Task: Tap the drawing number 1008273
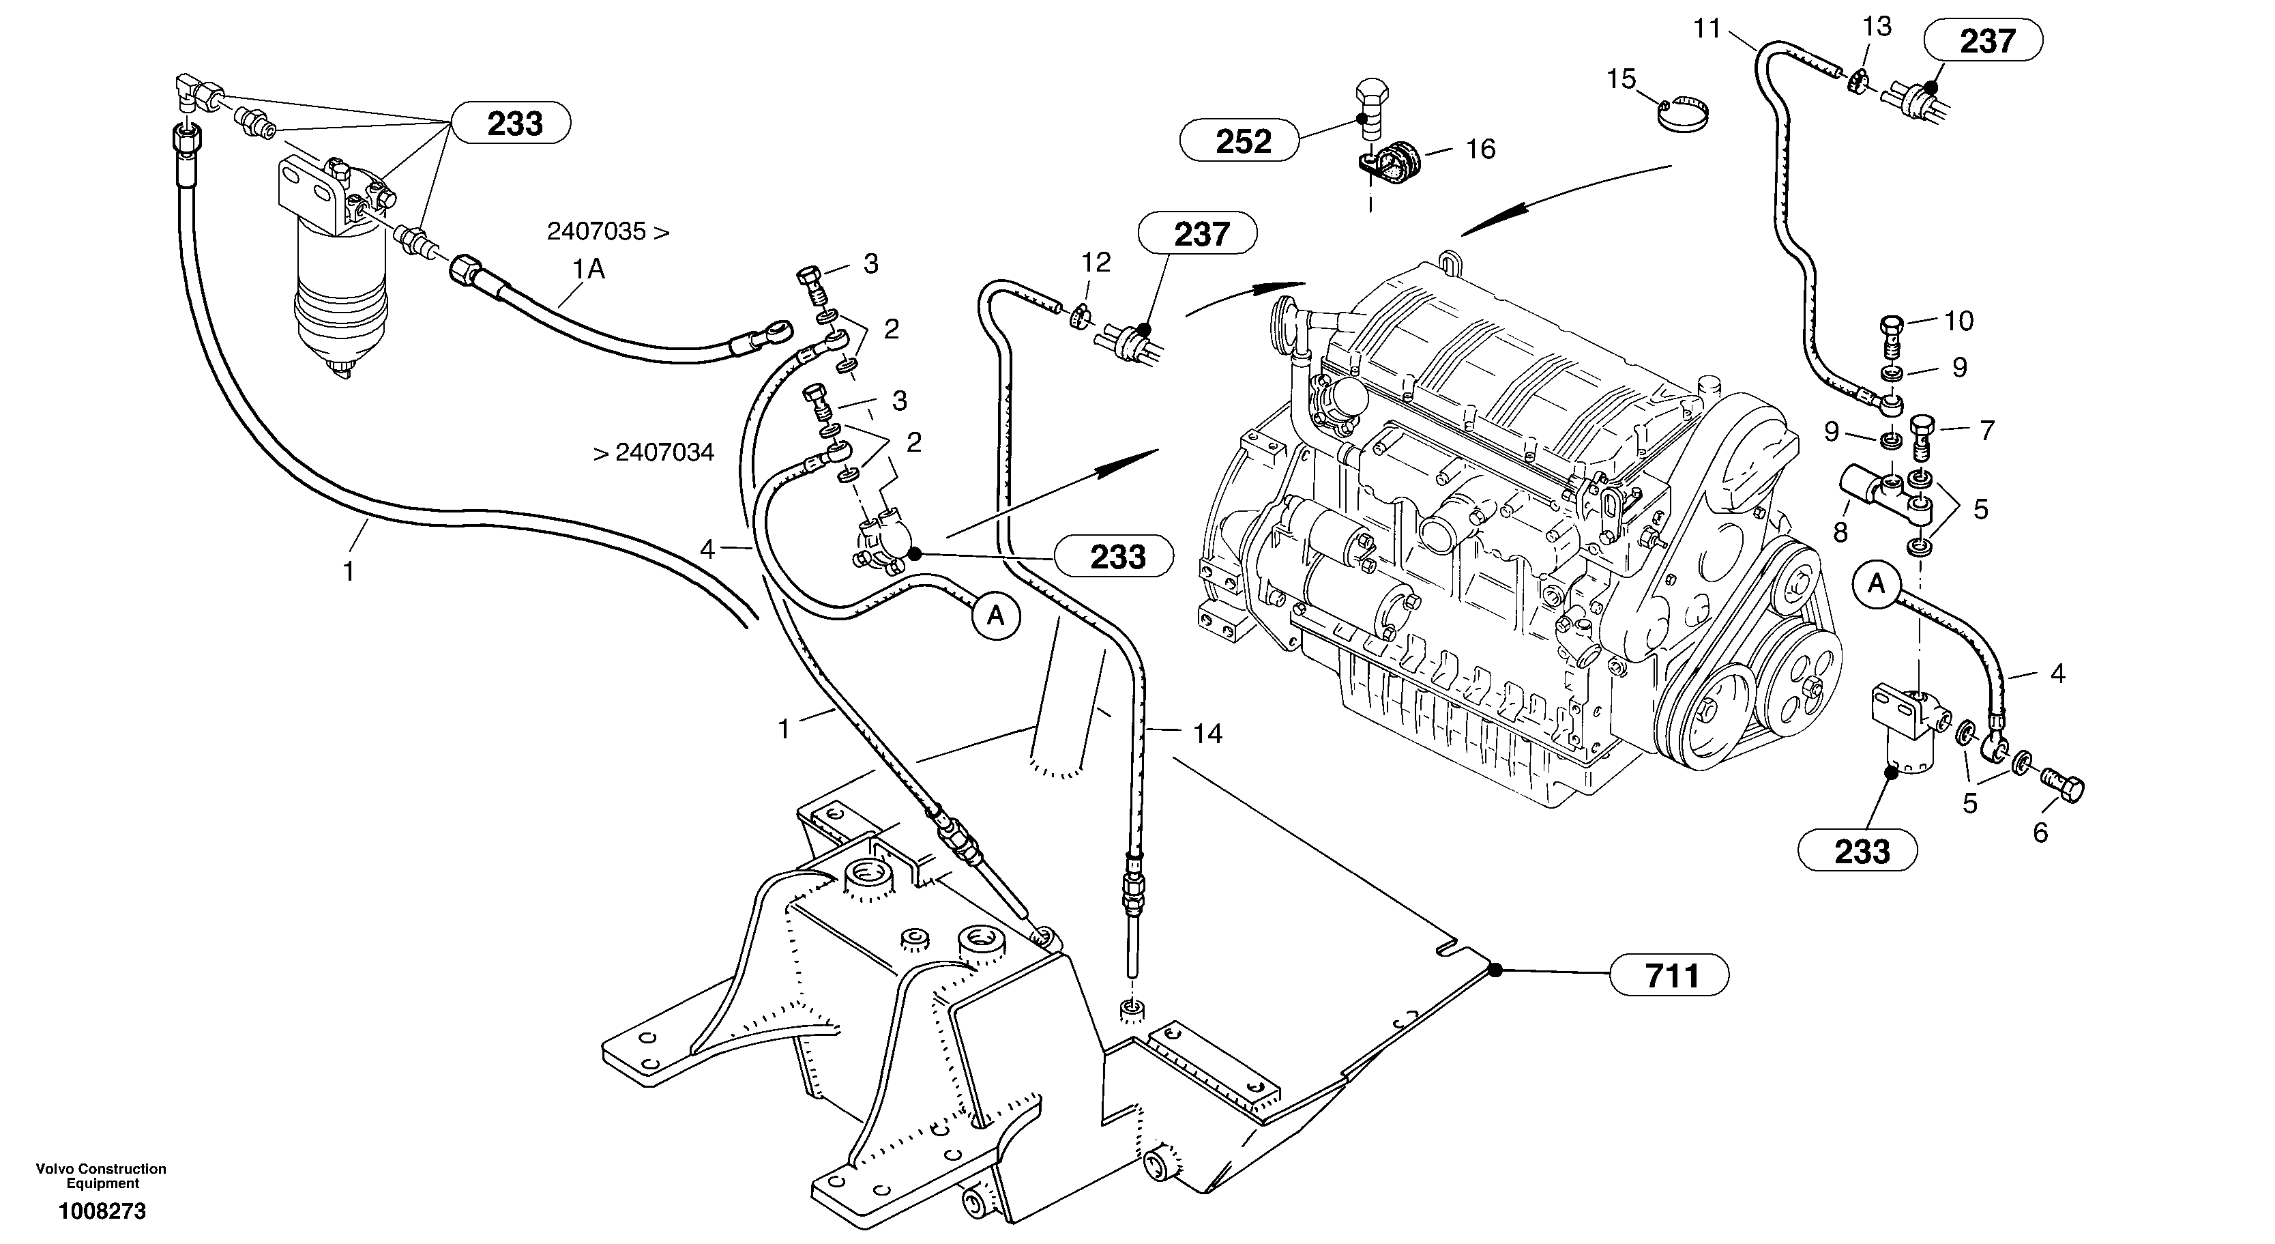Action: click(102, 1211)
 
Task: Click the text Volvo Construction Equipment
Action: click(101, 1176)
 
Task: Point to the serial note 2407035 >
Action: click(608, 233)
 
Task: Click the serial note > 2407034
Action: click(654, 453)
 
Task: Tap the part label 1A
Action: click(589, 269)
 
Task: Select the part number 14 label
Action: click(1207, 734)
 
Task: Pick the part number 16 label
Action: click(1480, 149)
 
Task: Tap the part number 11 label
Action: click(1707, 29)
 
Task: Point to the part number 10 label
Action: click(1959, 321)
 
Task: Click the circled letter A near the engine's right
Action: click(1876, 584)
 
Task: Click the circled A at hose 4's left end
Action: click(995, 615)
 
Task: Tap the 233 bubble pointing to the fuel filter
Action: click(512, 124)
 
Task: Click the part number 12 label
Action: click(1096, 263)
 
